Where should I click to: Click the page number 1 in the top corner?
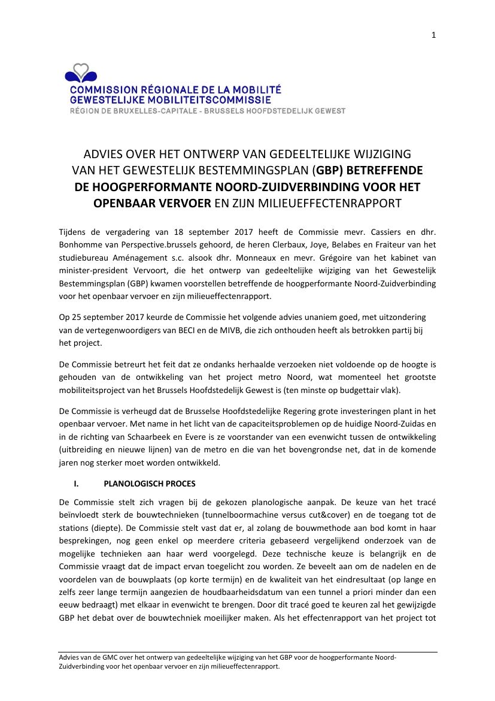pyautogui.click(x=433, y=35)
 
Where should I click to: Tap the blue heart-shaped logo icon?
pyautogui.click(x=81, y=74)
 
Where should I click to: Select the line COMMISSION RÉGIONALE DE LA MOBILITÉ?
pyautogui.click(x=175, y=90)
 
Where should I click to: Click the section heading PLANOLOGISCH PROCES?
pyautogui.click(x=149, y=484)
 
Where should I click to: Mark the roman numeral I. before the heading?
pyautogui.click(x=76, y=484)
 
